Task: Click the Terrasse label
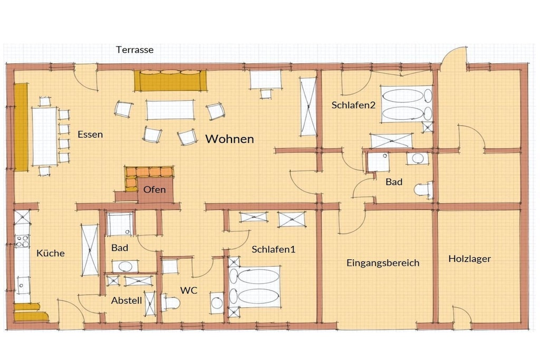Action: point(134,50)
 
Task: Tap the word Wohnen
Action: point(230,139)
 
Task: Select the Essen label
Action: point(90,134)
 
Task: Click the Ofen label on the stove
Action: point(155,189)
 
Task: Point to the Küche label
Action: point(51,253)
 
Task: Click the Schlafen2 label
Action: point(353,105)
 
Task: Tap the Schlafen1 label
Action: point(274,249)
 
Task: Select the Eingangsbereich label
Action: point(383,263)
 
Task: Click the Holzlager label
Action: point(470,259)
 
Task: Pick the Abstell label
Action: point(127,300)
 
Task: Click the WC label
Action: point(189,290)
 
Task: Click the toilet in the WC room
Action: point(170,303)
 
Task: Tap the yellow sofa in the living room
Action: point(171,81)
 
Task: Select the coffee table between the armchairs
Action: point(170,110)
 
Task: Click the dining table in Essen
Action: point(44,137)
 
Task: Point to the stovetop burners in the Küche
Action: point(22,240)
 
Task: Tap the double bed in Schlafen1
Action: point(255,287)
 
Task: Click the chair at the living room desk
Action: point(266,94)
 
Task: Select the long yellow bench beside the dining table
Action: point(21,127)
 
